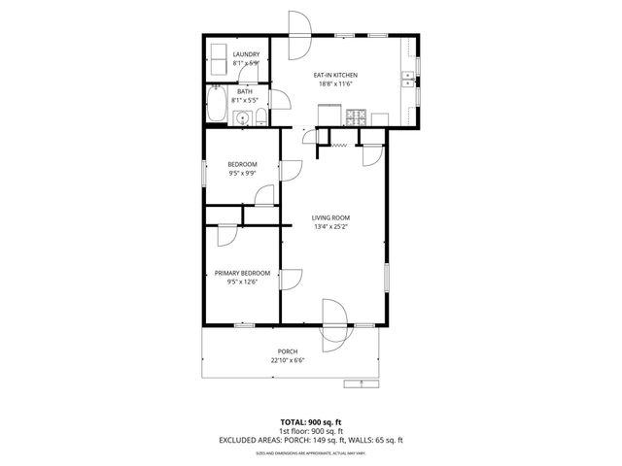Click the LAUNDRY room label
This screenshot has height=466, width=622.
[246, 55]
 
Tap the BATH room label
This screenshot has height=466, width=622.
[246, 92]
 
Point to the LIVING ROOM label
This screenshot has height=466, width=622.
[330, 217]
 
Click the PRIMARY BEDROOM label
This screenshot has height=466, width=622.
[242, 274]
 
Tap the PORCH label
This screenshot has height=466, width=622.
[288, 351]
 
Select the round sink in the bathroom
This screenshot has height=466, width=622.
[242, 118]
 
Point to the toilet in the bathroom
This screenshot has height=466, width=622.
[260, 118]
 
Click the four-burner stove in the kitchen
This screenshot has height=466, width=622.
[357, 118]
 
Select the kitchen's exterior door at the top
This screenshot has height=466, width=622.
[298, 26]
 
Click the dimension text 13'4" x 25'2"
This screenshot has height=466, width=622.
[330, 228]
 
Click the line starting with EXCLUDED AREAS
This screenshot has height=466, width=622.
[310, 440]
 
